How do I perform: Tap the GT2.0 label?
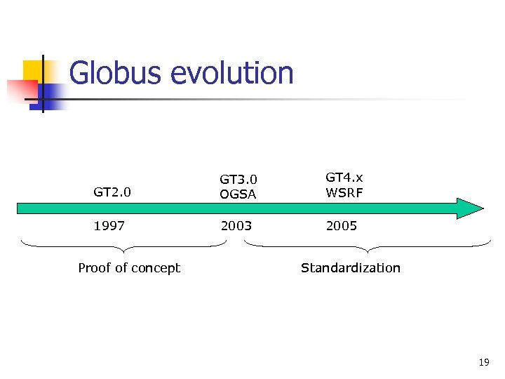pyautogui.click(x=112, y=192)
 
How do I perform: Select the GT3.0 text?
pyautogui.click(x=238, y=180)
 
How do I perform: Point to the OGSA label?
pyautogui.click(x=238, y=194)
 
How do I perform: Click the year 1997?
pyautogui.click(x=109, y=225)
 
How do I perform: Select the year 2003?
pyautogui.click(x=236, y=225)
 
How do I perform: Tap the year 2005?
pyautogui.click(x=341, y=225)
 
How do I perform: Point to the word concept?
pyautogui.click(x=157, y=267)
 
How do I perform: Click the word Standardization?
pyautogui.click(x=350, y=267)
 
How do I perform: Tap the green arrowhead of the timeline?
pyautogui.click(x=469, y=208)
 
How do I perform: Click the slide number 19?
pyautogui.click(x=483, y=362)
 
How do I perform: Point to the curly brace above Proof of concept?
pyautogui.click(x=123, y=246)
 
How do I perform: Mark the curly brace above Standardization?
pyautogui.click(x=368, y=246)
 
